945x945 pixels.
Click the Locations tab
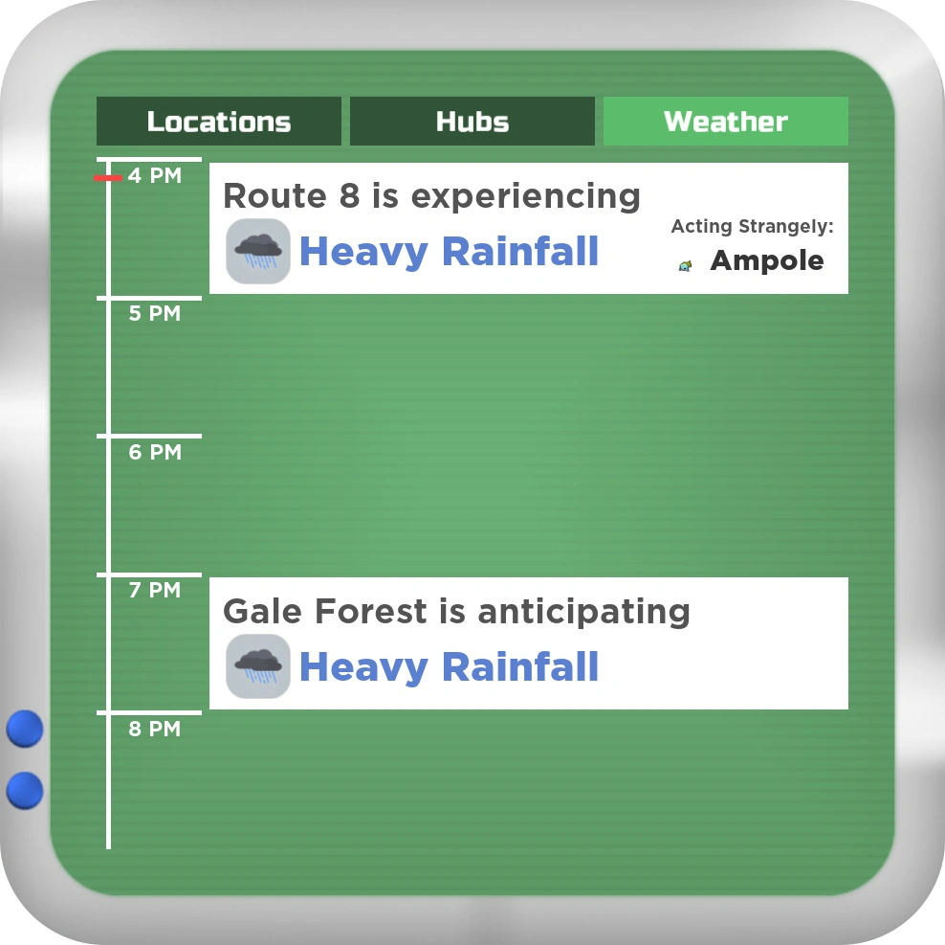[x=219, y=122]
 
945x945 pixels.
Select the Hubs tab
[x=472, y=122]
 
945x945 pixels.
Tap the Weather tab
[x=726, y=122]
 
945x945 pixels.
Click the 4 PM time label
[x=155, y=175]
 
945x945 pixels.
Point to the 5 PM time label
[x=155, y=313]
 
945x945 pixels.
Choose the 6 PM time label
[x=155, y=452]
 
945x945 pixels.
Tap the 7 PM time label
[x=155, y=590]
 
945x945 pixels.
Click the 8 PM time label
[x=155, y=729]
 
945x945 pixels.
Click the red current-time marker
[x=108, y=177]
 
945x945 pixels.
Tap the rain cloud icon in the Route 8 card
[x=258, y=251]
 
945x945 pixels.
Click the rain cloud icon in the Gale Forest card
[x=258, y=666]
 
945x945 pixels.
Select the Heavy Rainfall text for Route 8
[x=449, y=251]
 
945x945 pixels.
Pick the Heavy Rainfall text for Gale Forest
[x=449, y=666]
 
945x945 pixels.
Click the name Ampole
[x=766, y=260]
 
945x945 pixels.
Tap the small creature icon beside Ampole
[x=685, y=265]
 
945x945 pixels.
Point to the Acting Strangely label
[x=752, y=226]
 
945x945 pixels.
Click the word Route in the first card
[x=275, y=196]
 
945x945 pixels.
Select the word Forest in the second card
[x=371, y=611]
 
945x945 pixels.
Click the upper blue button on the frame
[x=25, y=729]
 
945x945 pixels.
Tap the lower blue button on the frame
[x=25, y=790]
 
